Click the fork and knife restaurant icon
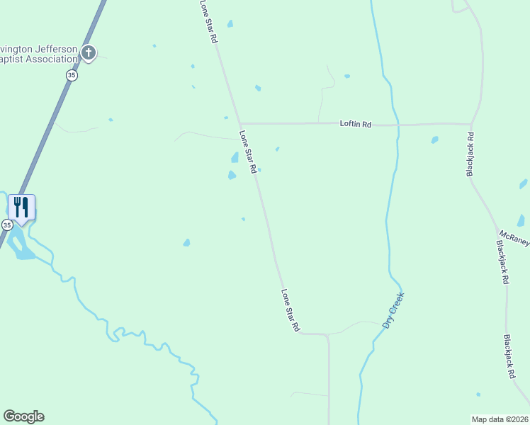click(x=21, y=207)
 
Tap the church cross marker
click(x=88, y=52)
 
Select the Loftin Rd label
click(x=356, y=124)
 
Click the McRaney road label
click(x=514, y=238)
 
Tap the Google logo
click(x=23, y=416)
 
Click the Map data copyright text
click(x=500, y=419)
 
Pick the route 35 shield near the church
click(x=72, y=75)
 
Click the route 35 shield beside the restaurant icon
click(x=6, y=225)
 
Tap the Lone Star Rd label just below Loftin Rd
click(x=247, y=152)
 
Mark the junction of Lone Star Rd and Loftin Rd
click(x=239, y=123)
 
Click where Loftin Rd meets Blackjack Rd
click(x=471, y=125)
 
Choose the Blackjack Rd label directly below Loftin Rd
click(x=470, y=153)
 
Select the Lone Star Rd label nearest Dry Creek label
click(x=291, y=310)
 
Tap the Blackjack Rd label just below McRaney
click(x=502, y=262)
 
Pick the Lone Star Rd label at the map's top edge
click(x=208, y=21)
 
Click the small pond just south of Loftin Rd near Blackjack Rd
click(x=434, y=140)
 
